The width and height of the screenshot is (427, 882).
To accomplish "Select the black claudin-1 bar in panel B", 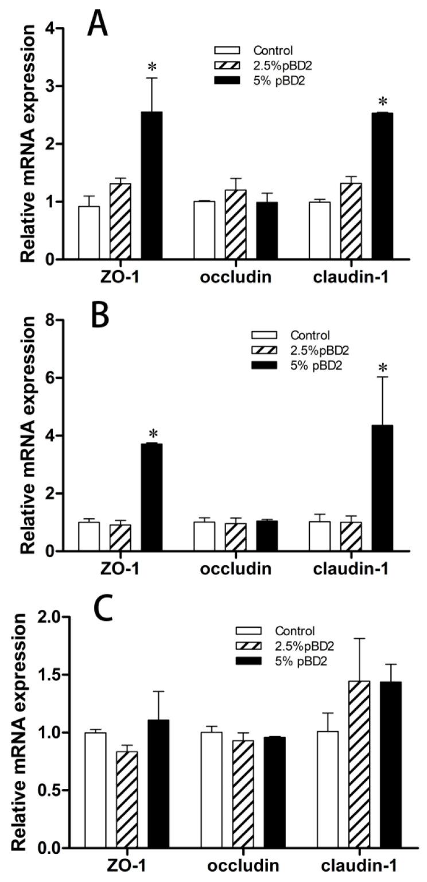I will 382,488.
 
